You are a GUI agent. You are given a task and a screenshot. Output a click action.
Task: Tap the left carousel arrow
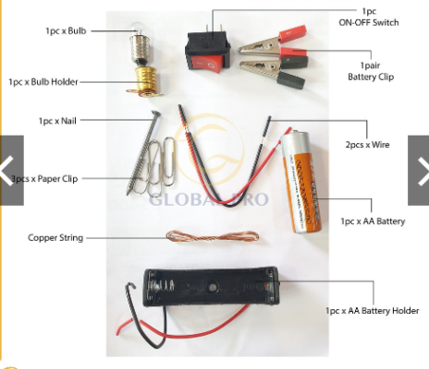click(x=10, y=170)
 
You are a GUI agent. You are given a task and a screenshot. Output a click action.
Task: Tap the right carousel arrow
click(x=419, y=170)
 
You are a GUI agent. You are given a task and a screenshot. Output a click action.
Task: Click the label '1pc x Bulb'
click(x=67, y=31)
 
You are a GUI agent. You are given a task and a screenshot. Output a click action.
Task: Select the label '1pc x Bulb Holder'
click(x=43, y=81)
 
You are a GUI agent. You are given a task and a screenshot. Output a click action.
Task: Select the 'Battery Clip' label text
click(x=371, y=77)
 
